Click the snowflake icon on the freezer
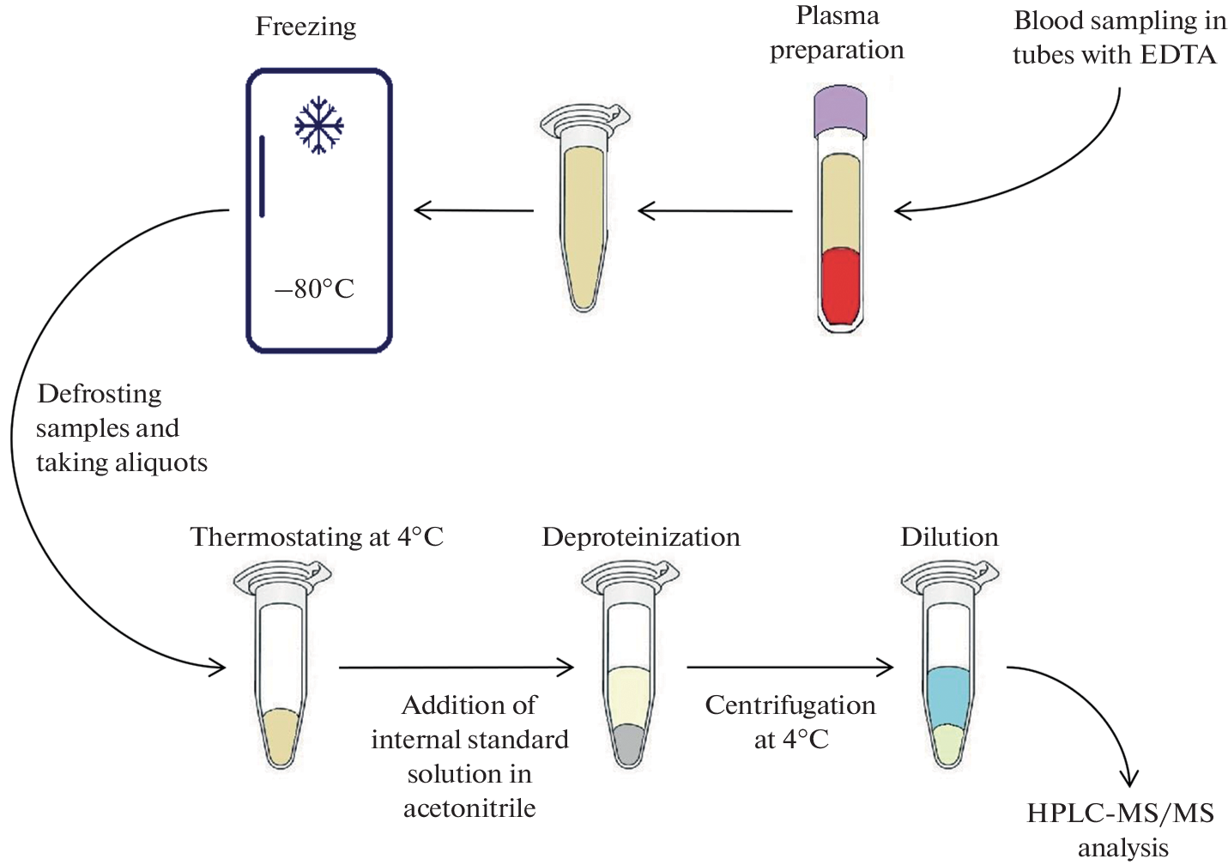click(x=319, y=126)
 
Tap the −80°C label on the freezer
click(x=314, y=289)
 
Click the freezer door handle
click(x=262, y=176)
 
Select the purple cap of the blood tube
click(x=840, y=110)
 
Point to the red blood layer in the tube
click(x=840, y=286)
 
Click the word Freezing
click(x=305, y=27)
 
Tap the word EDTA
click(x=1178, y=55)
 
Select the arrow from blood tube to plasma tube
click(x=716, y=210)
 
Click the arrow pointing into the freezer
click(x=474, y=210)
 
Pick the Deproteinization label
click(x=641, y=537)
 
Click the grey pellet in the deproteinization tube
click(x=629, y=743)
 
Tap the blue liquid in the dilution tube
click(x=949, y=695)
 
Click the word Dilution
click(x=949, y=537)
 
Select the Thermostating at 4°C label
click(x=317, y=537)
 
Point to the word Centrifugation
click(x=790, y=705)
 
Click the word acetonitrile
click(x=469, y=808)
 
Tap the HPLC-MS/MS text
click(x=1120, y=814)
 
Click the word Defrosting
click(x=100, y=394)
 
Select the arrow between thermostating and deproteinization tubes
click(x=456, y=667)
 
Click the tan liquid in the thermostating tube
click(x=279, y=736)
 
